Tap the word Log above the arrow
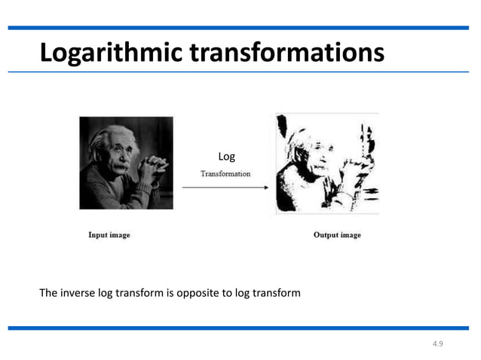pos(226,157)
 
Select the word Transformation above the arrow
pos(225,174)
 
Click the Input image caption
pos(109,235)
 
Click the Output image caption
pos(337,235)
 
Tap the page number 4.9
pos(438,343)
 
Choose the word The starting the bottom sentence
pos(48,292)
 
